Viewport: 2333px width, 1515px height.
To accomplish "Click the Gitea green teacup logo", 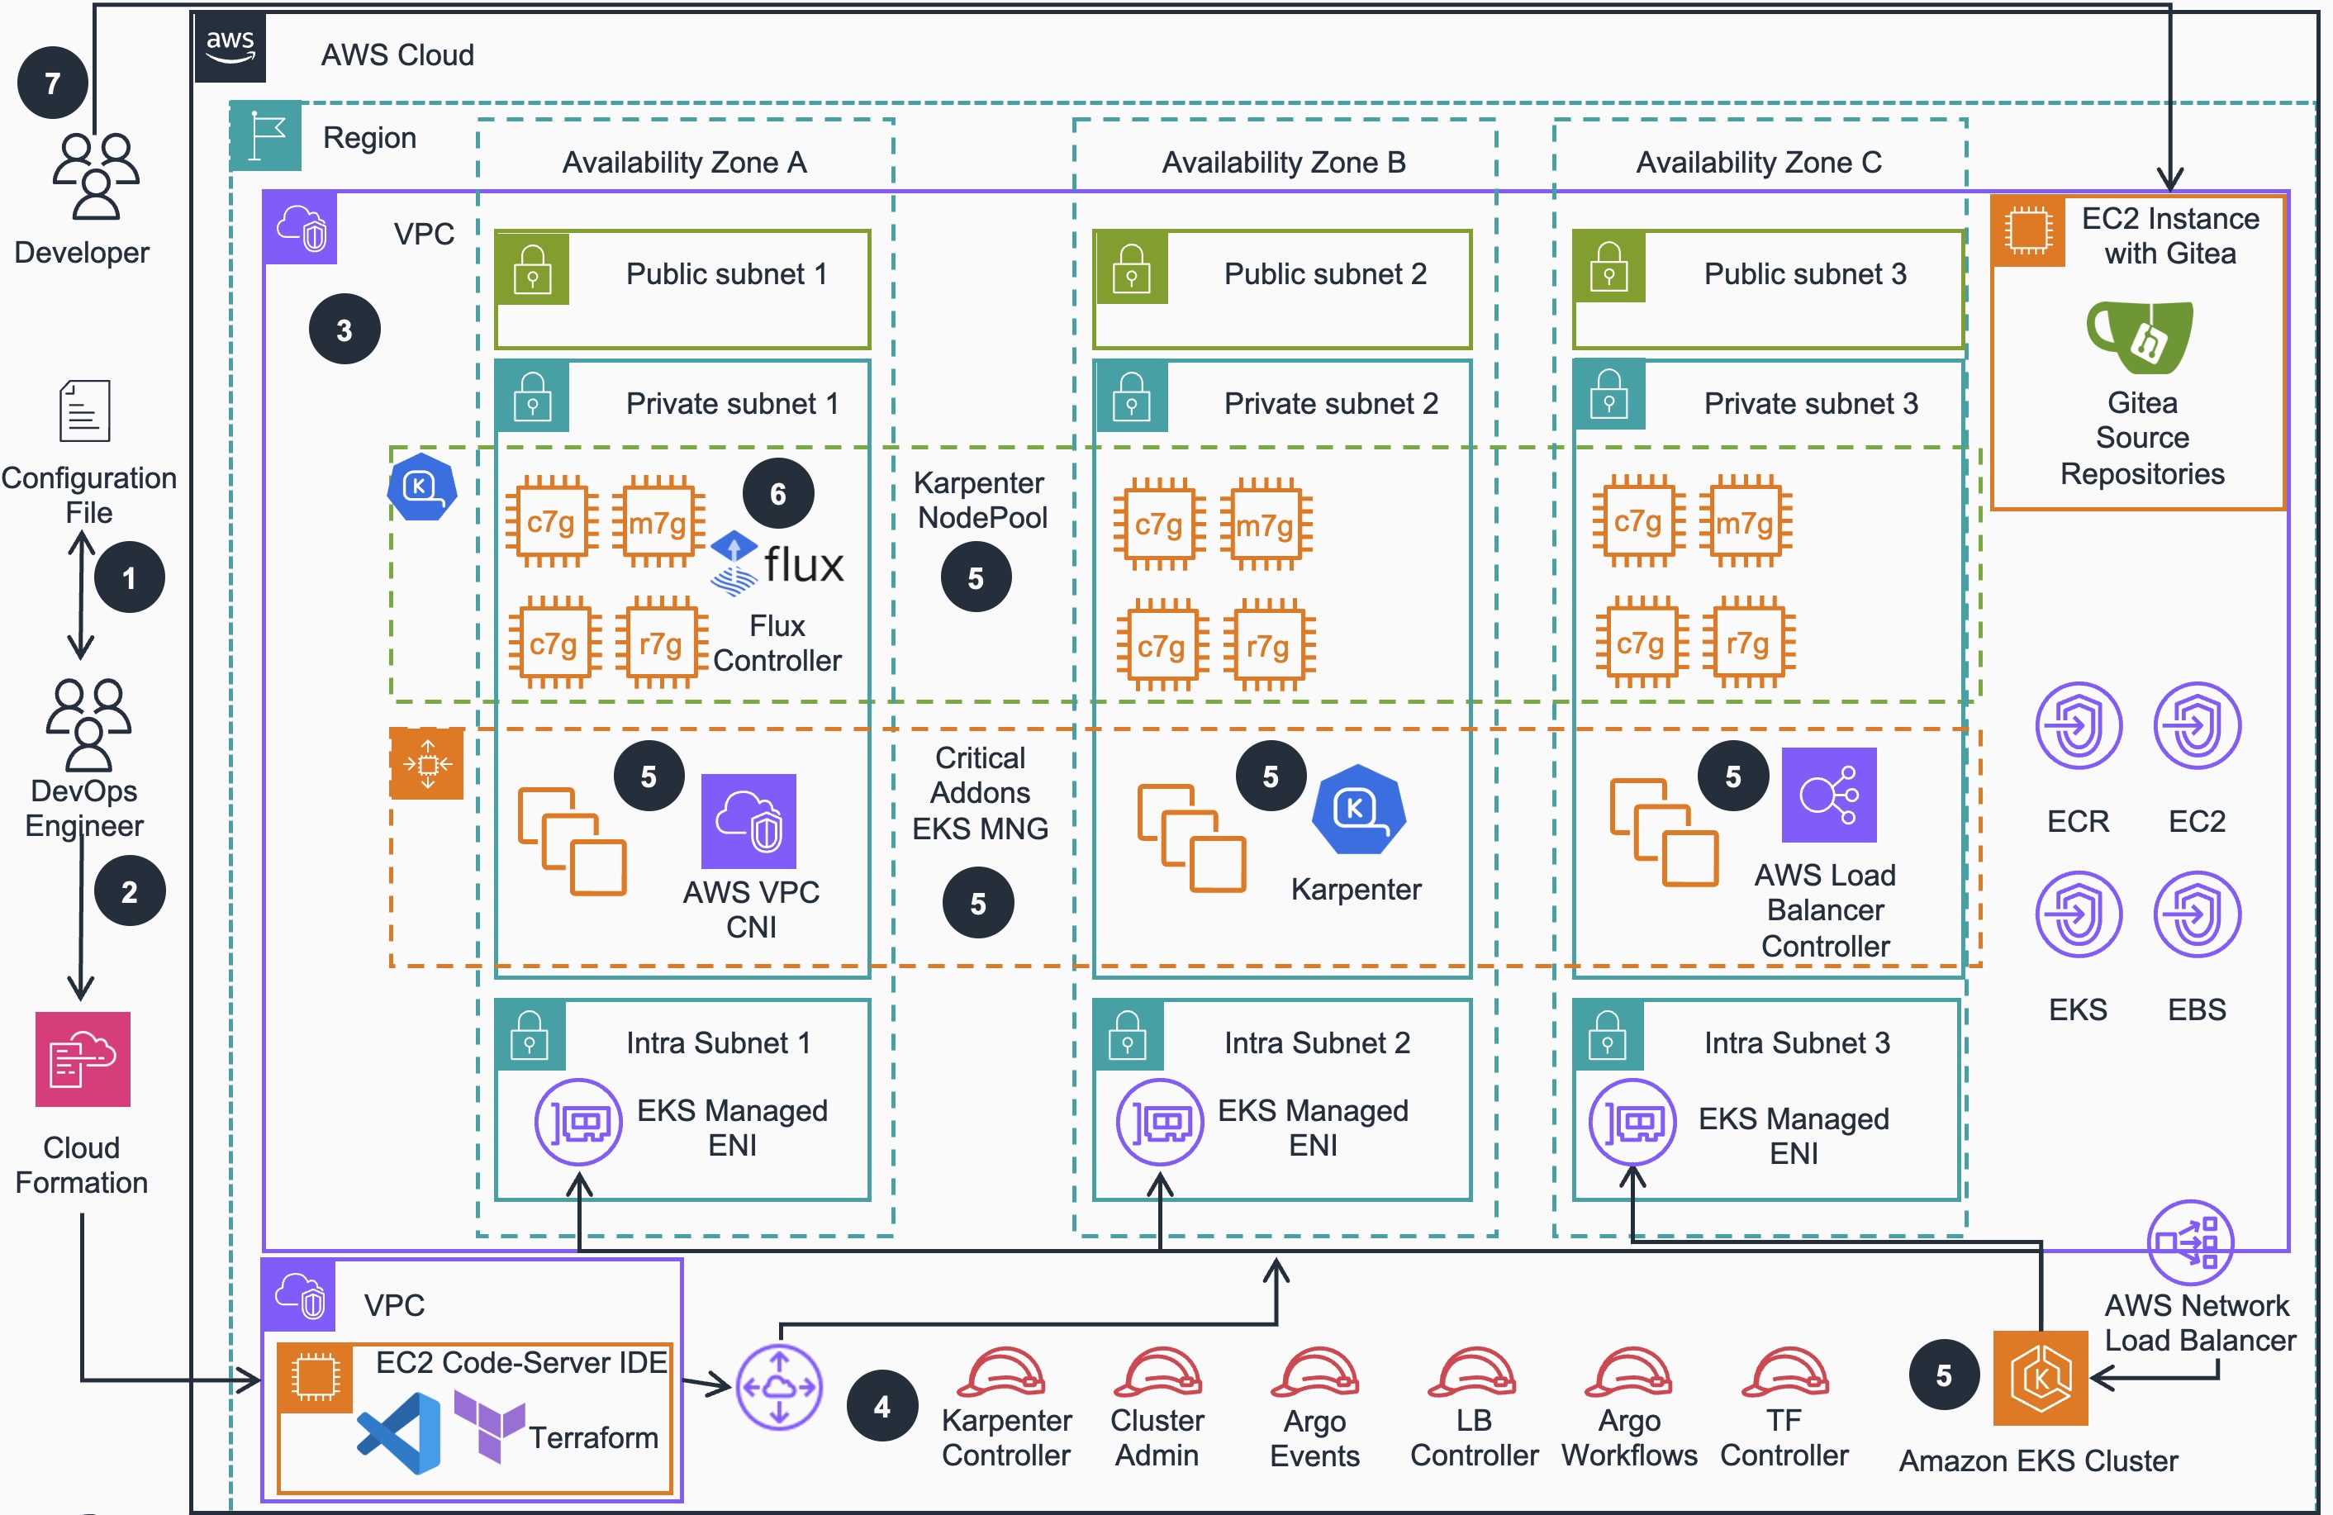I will [2140, 336].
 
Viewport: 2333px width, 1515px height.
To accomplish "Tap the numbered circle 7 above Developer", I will [52, 83].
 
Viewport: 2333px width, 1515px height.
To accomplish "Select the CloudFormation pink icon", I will [83, 1059].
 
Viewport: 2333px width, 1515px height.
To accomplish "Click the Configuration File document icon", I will [84, 411].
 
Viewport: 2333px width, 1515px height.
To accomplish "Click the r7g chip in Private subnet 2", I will [1267, 646].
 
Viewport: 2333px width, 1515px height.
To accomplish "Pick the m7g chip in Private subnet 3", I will [1745, 522].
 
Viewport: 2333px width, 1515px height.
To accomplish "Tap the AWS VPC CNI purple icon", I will [749, 821].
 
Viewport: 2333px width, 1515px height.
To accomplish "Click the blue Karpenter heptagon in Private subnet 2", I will [1357, 810].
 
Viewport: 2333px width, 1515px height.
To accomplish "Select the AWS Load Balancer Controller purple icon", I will [1828, 795].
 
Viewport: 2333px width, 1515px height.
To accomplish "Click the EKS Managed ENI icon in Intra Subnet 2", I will [1160, 1122].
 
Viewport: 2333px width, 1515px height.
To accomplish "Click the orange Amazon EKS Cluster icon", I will [2040, 1378].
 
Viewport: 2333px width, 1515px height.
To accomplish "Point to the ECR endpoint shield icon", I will [2078, 726].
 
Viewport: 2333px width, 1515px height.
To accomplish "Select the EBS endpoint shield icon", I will [2197, 914].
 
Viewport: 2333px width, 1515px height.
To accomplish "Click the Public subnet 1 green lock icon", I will [532, 268].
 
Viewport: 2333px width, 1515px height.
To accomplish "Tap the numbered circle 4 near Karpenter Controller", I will [882, 1406].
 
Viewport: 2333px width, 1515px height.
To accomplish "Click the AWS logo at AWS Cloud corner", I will [230, 46].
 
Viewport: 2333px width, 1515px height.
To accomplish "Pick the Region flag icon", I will [267, 135].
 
